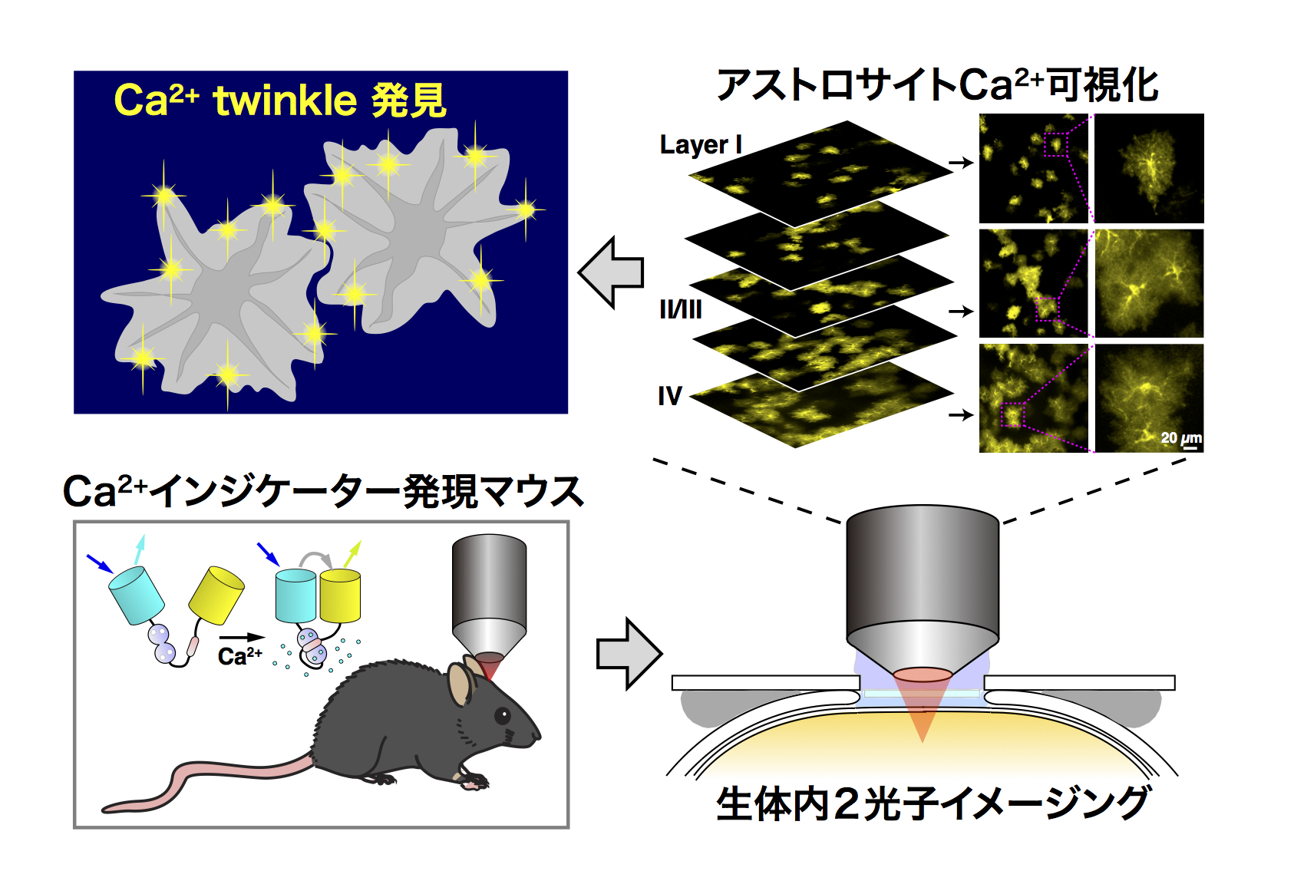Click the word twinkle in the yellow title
(x=285, y=101)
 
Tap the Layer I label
(x=700, y=145)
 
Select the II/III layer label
(x=681, y=309)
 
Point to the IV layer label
(x=669, y=396)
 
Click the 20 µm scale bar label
(x=1180, y=438)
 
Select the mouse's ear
(x=460, y=684)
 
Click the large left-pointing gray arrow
(x=611, y=272)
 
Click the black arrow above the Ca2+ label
(x=241, y=637)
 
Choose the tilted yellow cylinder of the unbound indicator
(x=216, y=595)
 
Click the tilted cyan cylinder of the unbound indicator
(x=137, y=595)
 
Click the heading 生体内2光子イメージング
(x=932, y=803)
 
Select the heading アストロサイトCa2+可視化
(x=936, y=84)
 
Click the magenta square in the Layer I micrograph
(x=1055, y=144)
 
